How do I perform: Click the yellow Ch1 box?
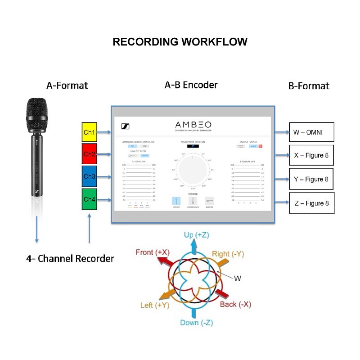(x=90, y=132)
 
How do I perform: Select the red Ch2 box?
(x=90, y=154)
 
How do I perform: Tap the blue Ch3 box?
(x=90, y=176)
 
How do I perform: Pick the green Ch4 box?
(x=90, y=199)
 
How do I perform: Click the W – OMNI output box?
(x=311, y=132)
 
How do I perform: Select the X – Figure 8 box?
(x=311, y=155)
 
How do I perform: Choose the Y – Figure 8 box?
(x=311, y=179)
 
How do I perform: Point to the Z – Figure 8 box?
(x=311, y=203)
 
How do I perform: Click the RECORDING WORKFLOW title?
(x=180, y=42)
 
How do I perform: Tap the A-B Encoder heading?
(x=191, y=85)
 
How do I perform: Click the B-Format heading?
(x=309, y=85)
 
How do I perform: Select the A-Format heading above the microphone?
(x=67, y=85)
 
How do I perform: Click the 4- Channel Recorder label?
(x=70, y=259)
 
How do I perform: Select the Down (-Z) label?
(x=196, y=323)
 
